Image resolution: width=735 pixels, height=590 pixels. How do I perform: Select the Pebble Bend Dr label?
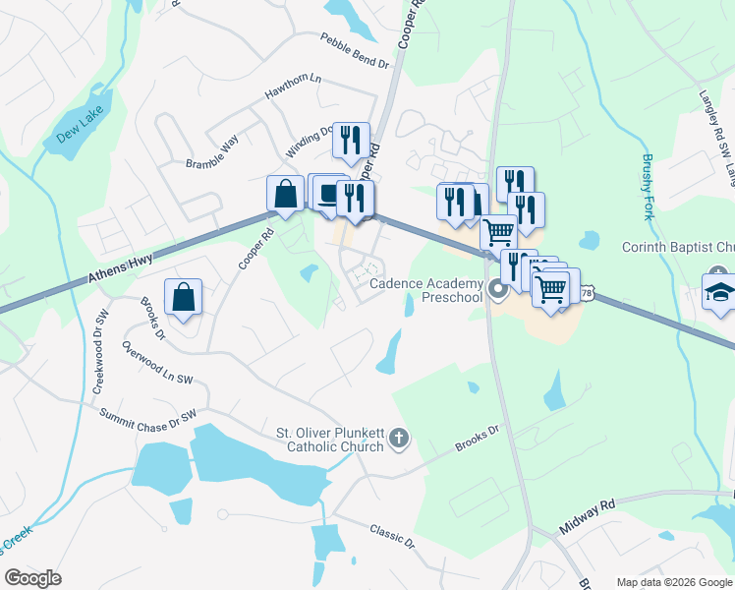tap(355, 50)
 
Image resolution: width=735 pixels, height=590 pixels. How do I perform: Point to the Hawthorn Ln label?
tap(293, 87)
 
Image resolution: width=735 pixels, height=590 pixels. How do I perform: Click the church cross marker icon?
tap(398, 439)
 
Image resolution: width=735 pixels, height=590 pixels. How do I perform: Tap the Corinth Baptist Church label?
tap(678, 247)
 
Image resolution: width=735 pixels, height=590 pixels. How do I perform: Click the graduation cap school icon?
tap(719, 292)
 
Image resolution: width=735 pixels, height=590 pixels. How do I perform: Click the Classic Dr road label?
tap(392, 536)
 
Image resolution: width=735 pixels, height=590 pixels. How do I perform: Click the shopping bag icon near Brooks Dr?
tap(184, 296)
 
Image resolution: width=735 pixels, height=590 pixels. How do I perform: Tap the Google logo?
tap(33, 578)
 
